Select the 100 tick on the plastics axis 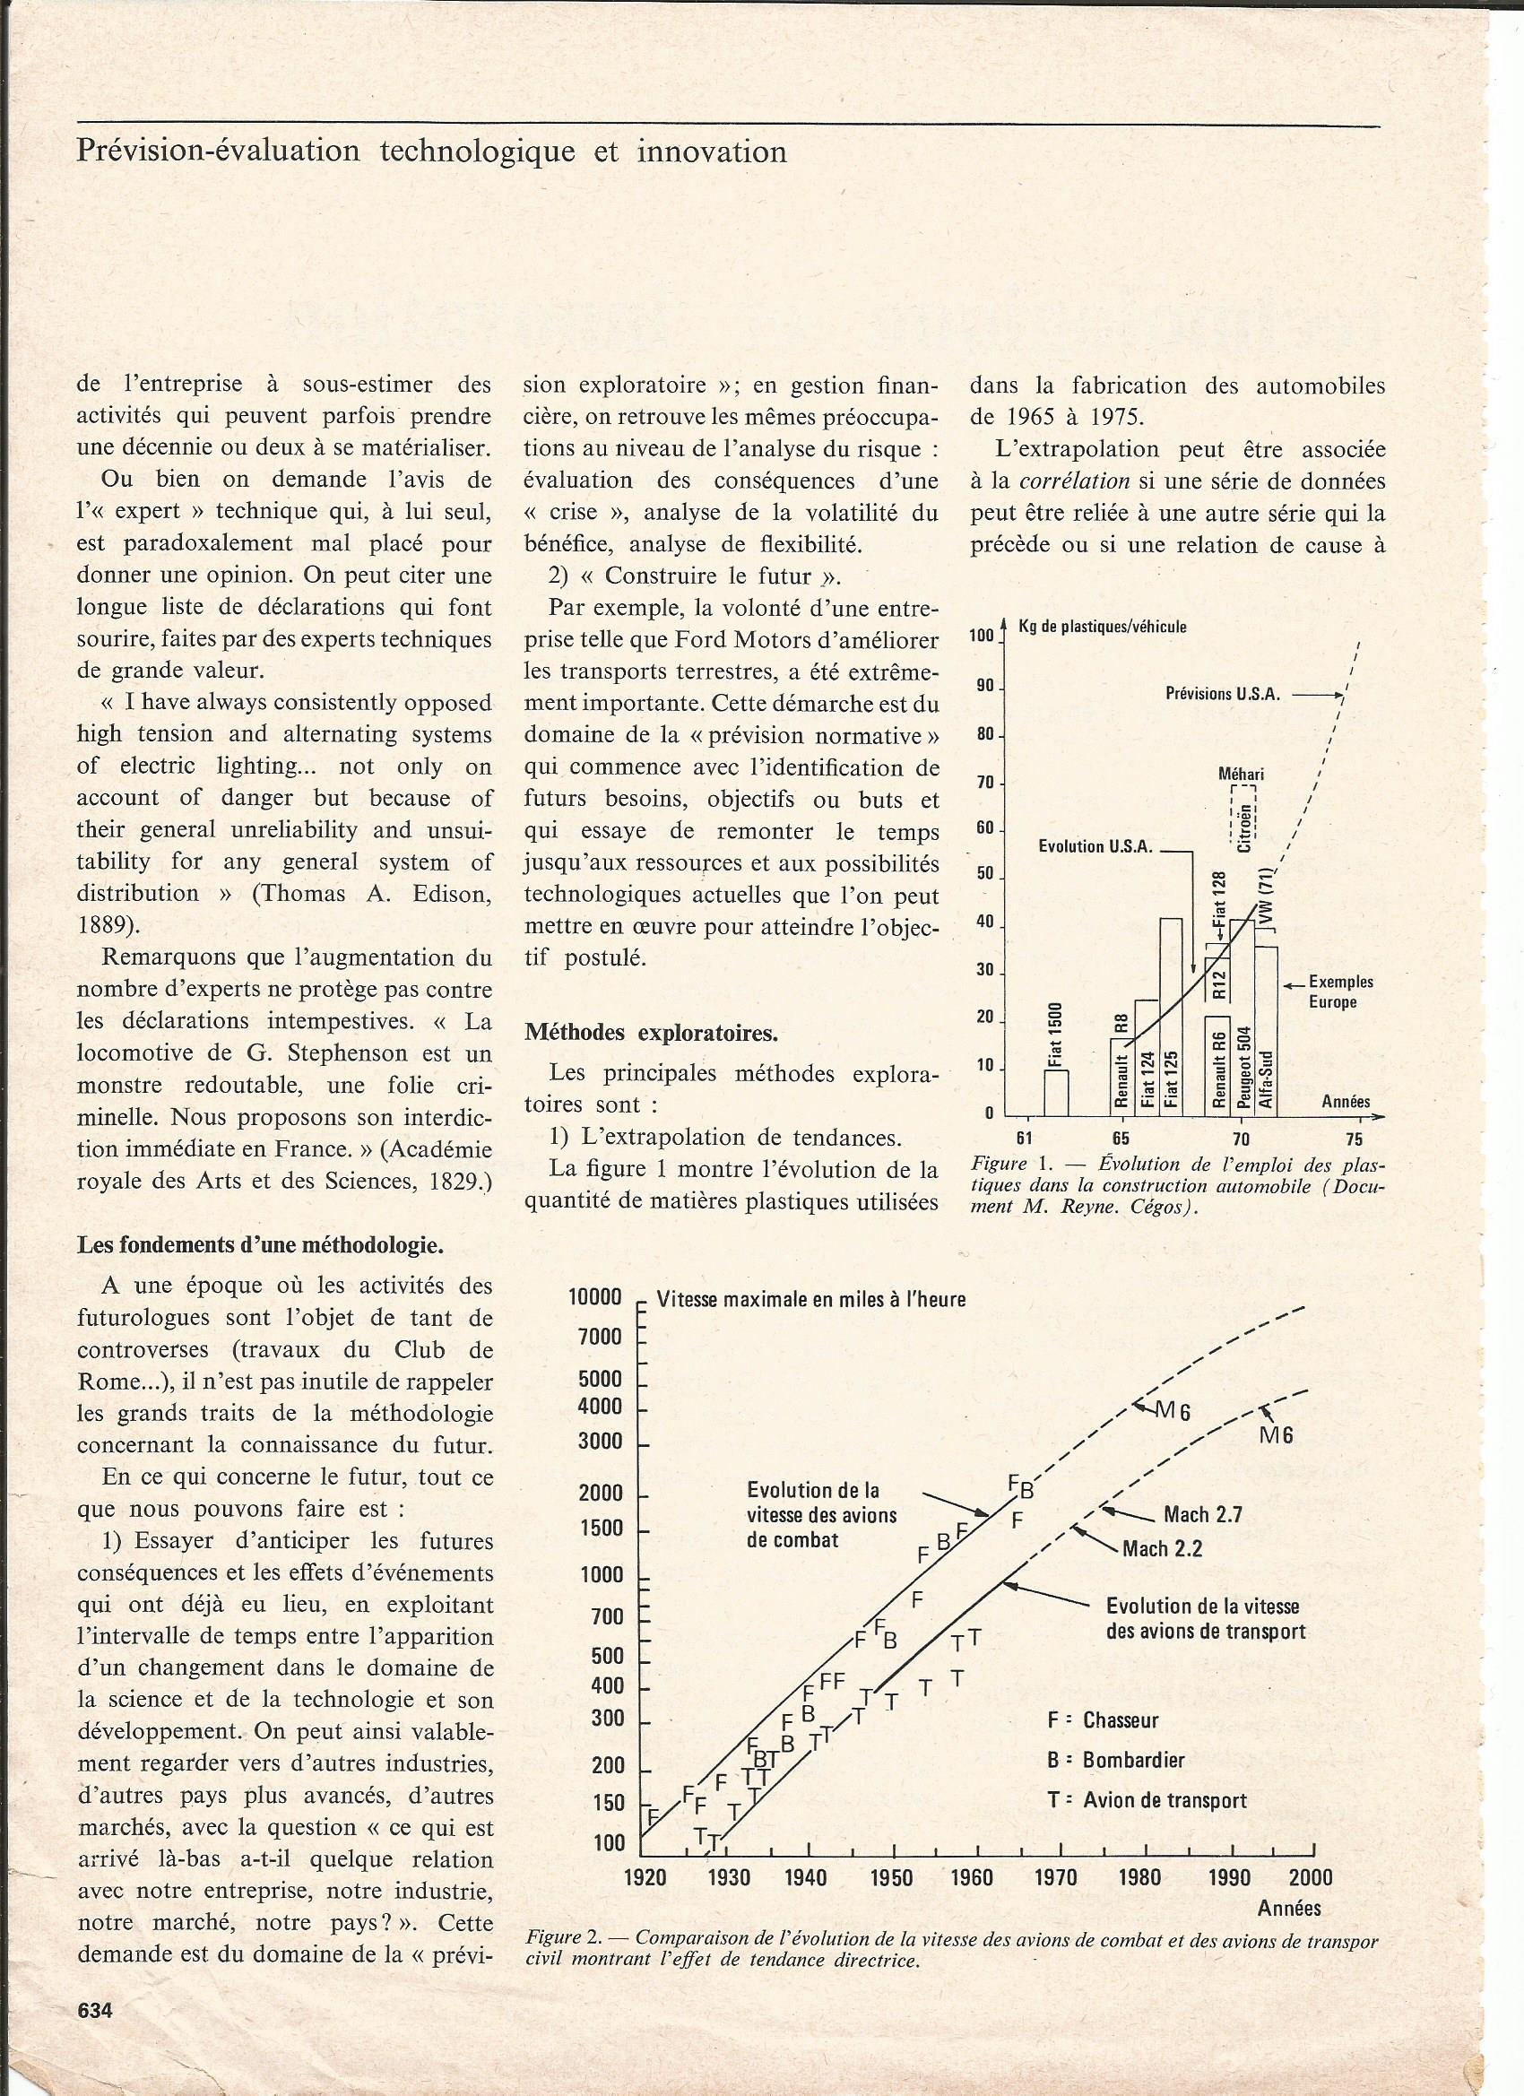coord(981,636)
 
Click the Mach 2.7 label coord(1202,1515)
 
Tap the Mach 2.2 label coord(1162,1549)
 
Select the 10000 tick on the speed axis coord(595,1297)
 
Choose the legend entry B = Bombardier coord(1115,1761)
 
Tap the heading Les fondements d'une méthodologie coord(260,1245)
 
